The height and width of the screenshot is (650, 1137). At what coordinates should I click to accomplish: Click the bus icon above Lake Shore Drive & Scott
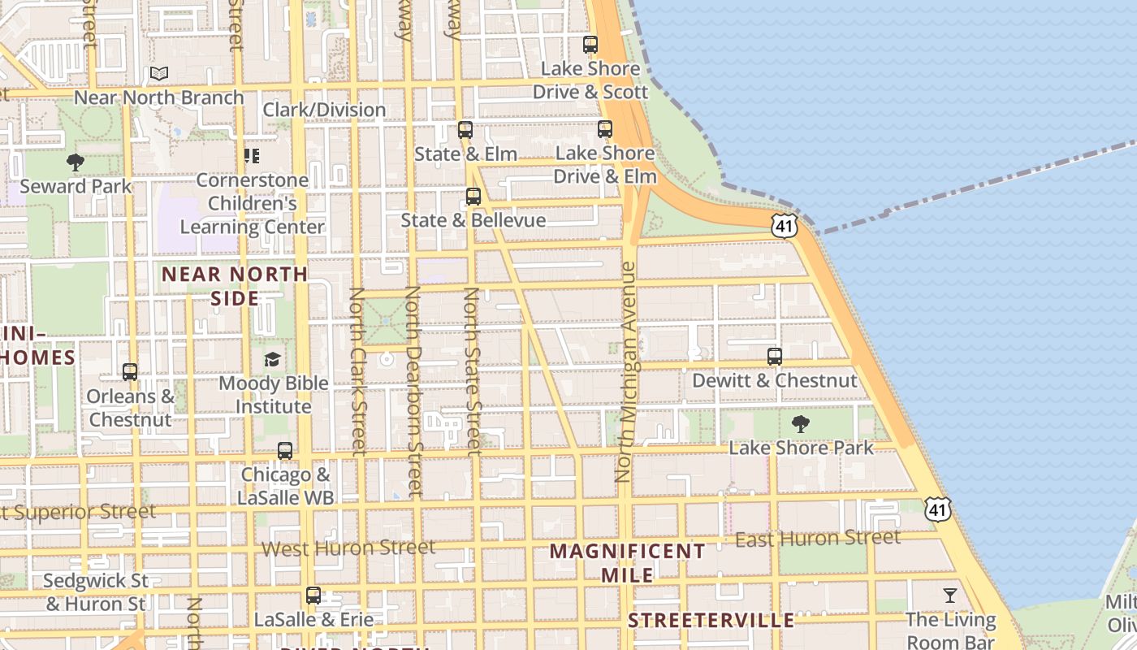(590, 45)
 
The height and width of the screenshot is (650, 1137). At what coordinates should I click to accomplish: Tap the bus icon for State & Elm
(465, 130)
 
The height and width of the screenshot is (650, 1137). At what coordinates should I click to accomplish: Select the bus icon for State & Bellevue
(473, 197)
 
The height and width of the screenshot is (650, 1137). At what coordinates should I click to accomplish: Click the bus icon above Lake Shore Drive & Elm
(605, 129)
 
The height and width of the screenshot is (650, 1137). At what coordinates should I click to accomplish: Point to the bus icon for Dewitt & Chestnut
(775, 357)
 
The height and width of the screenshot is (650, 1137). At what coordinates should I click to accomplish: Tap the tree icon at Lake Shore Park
(801, 423)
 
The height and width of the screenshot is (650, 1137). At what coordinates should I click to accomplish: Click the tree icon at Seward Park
(76, 162)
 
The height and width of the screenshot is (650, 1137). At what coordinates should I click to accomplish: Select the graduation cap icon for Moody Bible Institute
(273, 359)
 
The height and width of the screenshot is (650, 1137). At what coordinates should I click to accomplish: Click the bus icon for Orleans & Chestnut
(130, 373)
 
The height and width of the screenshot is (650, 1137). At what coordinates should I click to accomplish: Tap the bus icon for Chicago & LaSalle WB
(285, 451)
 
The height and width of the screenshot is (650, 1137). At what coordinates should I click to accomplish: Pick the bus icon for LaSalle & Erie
(313, 596)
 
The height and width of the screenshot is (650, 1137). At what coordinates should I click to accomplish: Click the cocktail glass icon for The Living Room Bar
(950, 596)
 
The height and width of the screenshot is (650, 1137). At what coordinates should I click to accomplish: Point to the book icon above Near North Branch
(159, 74)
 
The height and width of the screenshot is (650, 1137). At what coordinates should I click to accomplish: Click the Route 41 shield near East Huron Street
(938, 509)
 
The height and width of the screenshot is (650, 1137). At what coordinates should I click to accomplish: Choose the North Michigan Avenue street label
(626, 372)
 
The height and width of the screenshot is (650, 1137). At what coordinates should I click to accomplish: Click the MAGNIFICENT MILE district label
(628, 563)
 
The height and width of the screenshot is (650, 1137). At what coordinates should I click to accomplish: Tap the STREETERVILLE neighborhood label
(711, 621)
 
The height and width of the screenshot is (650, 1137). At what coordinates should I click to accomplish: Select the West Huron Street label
(348, 548)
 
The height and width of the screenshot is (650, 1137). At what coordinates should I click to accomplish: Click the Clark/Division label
(325, 110)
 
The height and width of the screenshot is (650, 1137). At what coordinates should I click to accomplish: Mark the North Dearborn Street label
(413, 390)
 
